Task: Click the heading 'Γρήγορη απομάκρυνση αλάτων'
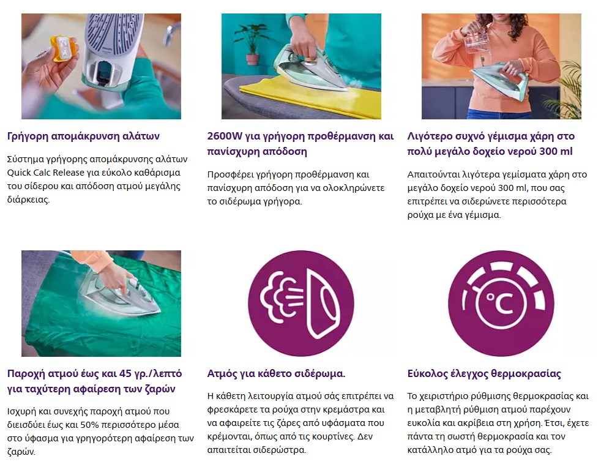(83, 136)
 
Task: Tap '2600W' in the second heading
(225, 136)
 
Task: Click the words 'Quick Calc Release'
(46, 173)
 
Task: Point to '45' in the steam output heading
(125, 374)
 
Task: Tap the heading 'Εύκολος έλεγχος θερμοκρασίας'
(484, 374)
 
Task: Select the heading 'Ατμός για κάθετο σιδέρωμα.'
(277, 374)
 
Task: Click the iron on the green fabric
(120, 291)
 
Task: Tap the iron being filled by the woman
(500, 80)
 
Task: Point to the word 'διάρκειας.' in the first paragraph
(28, 200)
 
